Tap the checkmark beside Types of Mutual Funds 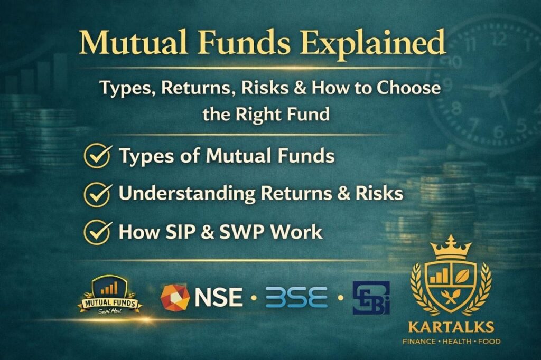[x=97, y=156]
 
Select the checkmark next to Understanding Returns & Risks [x=97, y=194]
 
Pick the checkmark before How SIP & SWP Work [x=97, y=232]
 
